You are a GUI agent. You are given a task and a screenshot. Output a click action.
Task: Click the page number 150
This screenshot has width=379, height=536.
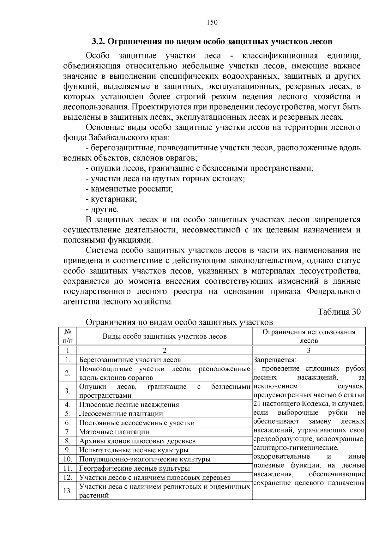tap(212, 22)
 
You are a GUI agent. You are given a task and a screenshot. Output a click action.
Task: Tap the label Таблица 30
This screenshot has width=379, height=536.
tap(339, 312)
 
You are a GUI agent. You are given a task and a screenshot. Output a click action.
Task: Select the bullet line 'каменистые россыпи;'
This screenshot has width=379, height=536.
tap(129, 189)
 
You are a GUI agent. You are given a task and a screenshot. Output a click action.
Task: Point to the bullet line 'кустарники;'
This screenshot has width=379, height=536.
tap(111, 199)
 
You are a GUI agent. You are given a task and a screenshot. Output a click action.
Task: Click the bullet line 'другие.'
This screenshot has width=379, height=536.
tap(102, 209)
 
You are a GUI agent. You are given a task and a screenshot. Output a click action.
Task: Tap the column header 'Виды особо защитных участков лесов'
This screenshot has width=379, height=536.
tap(165, 336)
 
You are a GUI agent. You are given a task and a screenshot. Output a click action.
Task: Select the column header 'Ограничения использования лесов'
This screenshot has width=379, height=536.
tap(309, 336)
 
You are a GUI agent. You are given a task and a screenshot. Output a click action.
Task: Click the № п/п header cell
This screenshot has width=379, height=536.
tap(68, 336)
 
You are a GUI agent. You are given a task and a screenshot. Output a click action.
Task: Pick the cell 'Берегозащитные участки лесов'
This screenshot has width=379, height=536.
tap(130, 359)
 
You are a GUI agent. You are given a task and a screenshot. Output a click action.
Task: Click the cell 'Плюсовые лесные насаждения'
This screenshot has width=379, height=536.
tap(129, 405)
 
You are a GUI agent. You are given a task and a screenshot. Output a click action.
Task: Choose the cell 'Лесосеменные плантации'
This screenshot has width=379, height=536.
tap(121, 414)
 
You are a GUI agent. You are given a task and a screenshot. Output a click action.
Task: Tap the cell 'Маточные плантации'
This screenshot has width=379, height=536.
tap(114, 432)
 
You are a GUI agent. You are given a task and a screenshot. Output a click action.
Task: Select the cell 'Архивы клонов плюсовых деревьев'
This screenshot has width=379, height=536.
tap(137, 441)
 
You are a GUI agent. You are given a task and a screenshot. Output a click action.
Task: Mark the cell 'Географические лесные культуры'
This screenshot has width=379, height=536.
tap(134, 468)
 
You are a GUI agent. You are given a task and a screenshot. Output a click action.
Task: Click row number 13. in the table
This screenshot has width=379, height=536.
tap(68, 491)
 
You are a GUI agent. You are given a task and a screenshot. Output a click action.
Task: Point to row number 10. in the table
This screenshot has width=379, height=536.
tap(68, 459)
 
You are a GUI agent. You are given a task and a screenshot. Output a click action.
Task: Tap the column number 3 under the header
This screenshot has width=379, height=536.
tap(309, 350)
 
